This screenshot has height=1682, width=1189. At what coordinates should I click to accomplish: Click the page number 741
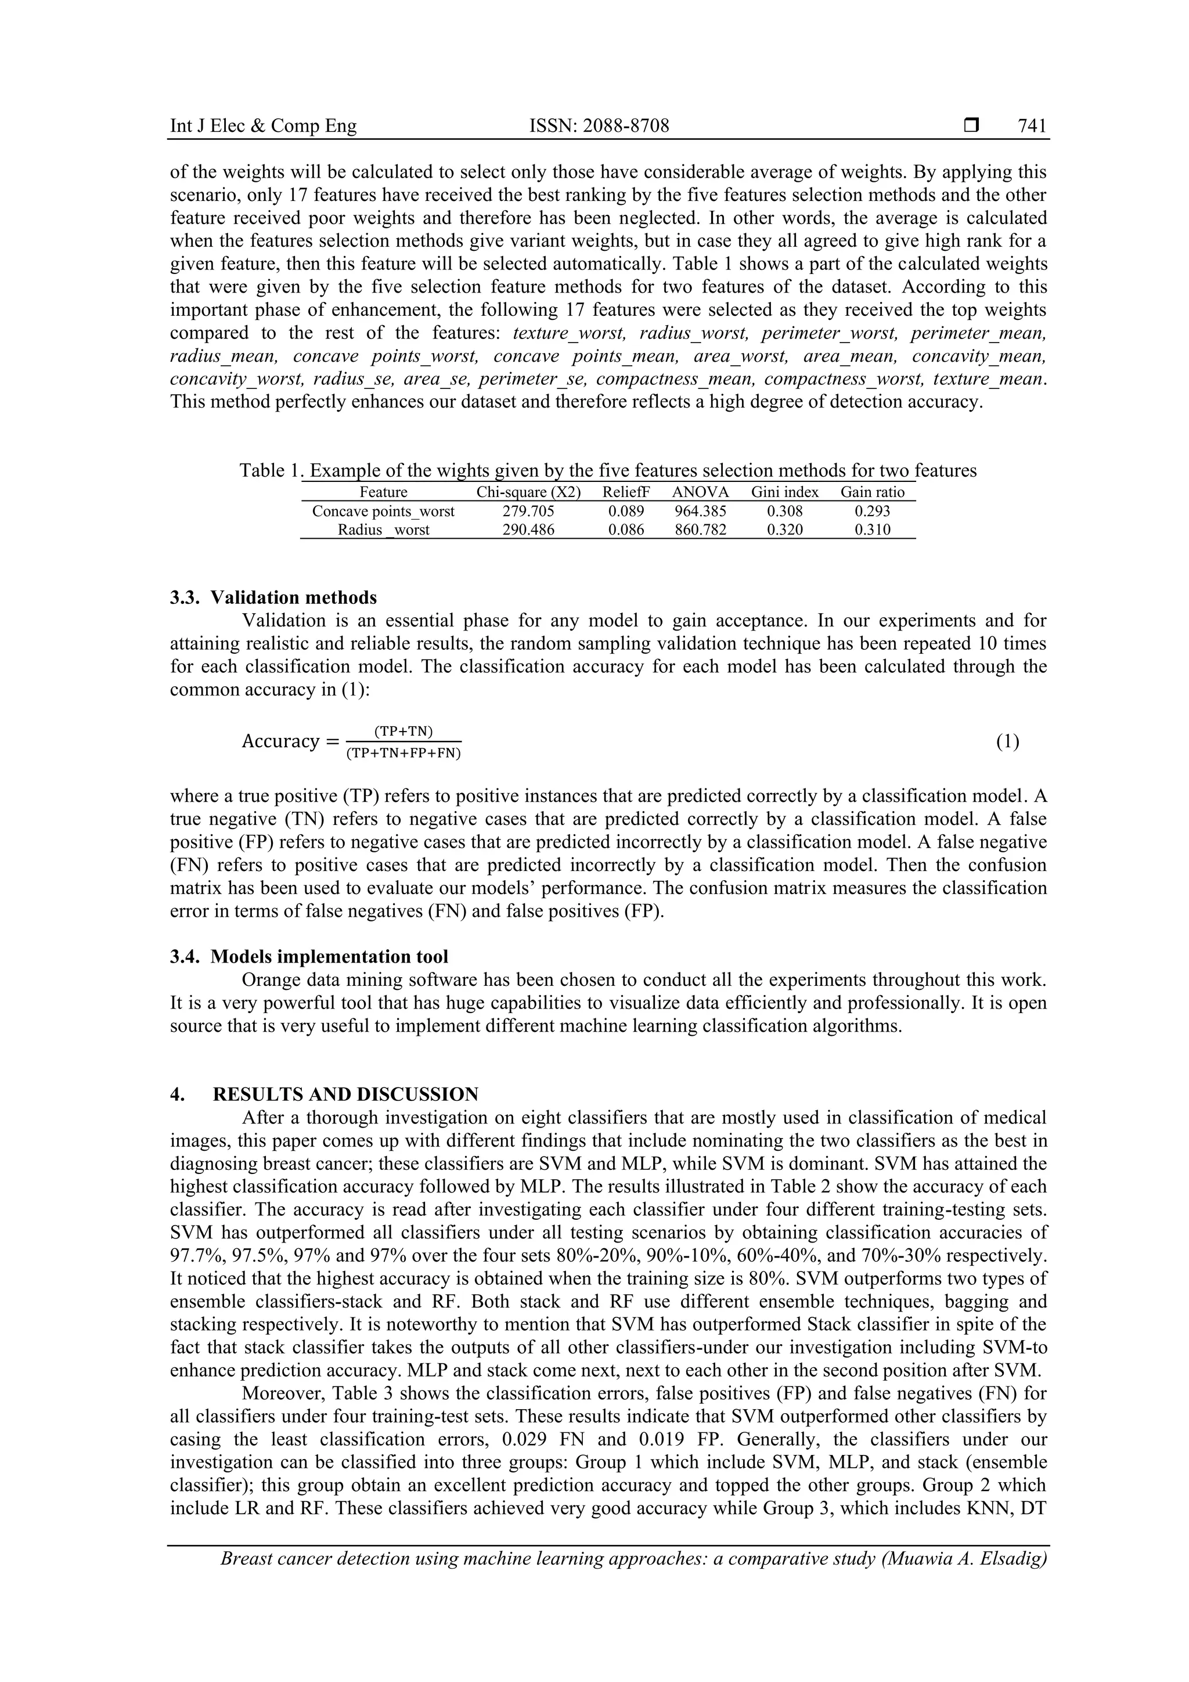click(x=1032, y=126)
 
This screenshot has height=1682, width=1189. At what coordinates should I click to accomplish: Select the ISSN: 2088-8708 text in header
click(x=599, y=126)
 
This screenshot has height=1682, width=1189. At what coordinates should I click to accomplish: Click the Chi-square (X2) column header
click(x=528, y=492)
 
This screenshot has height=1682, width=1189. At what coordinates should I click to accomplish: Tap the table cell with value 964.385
click(x=700, y=512)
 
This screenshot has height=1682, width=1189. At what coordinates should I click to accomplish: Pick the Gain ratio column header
click(x=872, y=492)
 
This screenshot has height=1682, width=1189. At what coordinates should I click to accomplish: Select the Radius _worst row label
click(x=383, y=530)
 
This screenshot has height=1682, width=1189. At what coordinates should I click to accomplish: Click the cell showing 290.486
click(x=528, y=530)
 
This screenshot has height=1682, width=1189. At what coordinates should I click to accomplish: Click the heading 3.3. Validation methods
click(x=273, y=598)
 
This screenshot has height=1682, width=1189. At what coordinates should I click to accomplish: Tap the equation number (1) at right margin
click(x=1007, y=741)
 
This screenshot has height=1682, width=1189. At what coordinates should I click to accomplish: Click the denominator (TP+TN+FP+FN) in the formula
click(x=403, y=753)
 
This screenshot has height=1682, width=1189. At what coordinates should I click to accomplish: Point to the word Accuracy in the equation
click(x=280, y=741)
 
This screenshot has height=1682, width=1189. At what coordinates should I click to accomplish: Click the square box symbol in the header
click(x=971, y=126)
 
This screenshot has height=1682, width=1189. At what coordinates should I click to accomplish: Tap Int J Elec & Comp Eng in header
click(x=263, y=126)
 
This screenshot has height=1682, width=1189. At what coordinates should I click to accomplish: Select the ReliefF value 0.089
click(x=626, y=512)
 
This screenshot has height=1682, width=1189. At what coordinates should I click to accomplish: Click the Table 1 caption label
click(x=269, y=470)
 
